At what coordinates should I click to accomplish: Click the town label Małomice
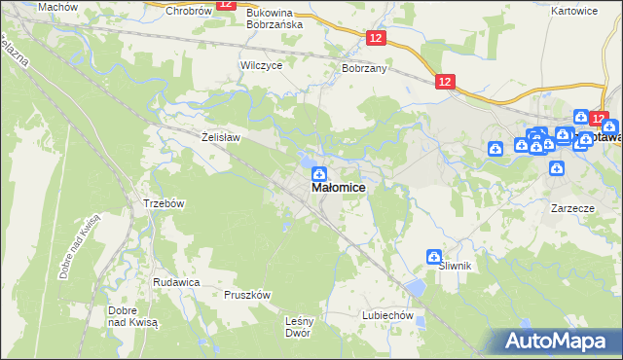pyautogui.click(x=339, y=188)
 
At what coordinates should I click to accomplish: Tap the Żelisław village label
pyautogui.click(x=220, y=138)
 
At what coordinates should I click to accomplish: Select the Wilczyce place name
pyautogui.click(x=261, y=65)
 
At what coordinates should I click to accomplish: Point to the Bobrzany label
pyautogui.click(x=365, y=70)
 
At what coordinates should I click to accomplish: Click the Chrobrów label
pyautogui.click(x=189, y=12)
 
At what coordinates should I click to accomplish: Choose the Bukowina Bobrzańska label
pyautogui.click(x=275, y=18)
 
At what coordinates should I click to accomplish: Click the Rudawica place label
pyautogui.click(x=176, y=281)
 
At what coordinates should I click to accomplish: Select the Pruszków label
pyautogui.click(x=247, y=294)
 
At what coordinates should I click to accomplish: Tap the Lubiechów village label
pyautogui.click(x=388, y=316)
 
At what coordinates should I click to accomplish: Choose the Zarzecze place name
pyautogui.click(x=572, y=208)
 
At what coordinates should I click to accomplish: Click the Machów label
pyautogui.click(x=57, y=7)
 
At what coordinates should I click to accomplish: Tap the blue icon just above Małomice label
pyautogui.click(x=318, y=173)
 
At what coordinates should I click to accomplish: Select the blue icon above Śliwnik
pyautogui.click(x=433, y=256)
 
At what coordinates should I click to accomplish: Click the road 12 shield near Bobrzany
pyautogui.click(x=378, y=37)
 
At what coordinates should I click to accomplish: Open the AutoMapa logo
pyautogui.click(x=556, y=341)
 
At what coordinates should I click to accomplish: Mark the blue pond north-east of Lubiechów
pyautogui.click(x=416, y=288)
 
